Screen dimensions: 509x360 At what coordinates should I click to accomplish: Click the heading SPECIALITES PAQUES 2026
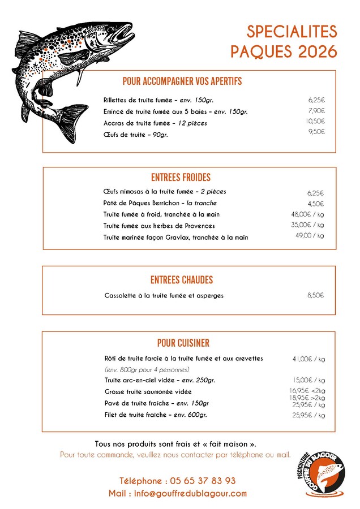(284, 41)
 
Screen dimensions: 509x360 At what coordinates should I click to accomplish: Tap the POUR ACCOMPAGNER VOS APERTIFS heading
(182, 81)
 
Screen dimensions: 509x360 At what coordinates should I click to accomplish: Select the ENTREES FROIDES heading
(181, 178)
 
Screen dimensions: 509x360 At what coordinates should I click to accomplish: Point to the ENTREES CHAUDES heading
(182, 280)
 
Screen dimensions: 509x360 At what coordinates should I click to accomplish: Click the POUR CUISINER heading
(183, 343)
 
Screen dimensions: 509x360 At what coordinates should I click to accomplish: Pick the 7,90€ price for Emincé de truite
(316, 111)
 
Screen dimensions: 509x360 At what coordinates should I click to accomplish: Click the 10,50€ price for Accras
(315, 121)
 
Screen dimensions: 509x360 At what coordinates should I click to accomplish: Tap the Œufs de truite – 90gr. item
(136, 135)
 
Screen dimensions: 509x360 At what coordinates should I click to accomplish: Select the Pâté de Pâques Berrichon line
(160, 203)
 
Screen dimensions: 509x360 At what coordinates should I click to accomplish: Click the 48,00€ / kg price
(307, 214)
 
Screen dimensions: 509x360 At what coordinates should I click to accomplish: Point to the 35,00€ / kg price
(307, 225)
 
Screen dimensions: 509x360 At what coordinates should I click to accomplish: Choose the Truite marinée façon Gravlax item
(175, 238)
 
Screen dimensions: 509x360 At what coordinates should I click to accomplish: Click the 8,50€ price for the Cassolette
(315, 295)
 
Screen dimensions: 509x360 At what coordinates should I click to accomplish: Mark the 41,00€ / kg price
(308, 359)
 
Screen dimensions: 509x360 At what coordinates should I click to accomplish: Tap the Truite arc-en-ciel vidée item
(160, 380)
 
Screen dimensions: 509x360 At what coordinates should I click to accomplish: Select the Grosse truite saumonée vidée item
(148, 391)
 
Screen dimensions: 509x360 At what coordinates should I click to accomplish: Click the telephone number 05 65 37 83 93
(178, 481)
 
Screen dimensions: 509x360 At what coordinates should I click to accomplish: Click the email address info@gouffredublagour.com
(178, 494)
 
